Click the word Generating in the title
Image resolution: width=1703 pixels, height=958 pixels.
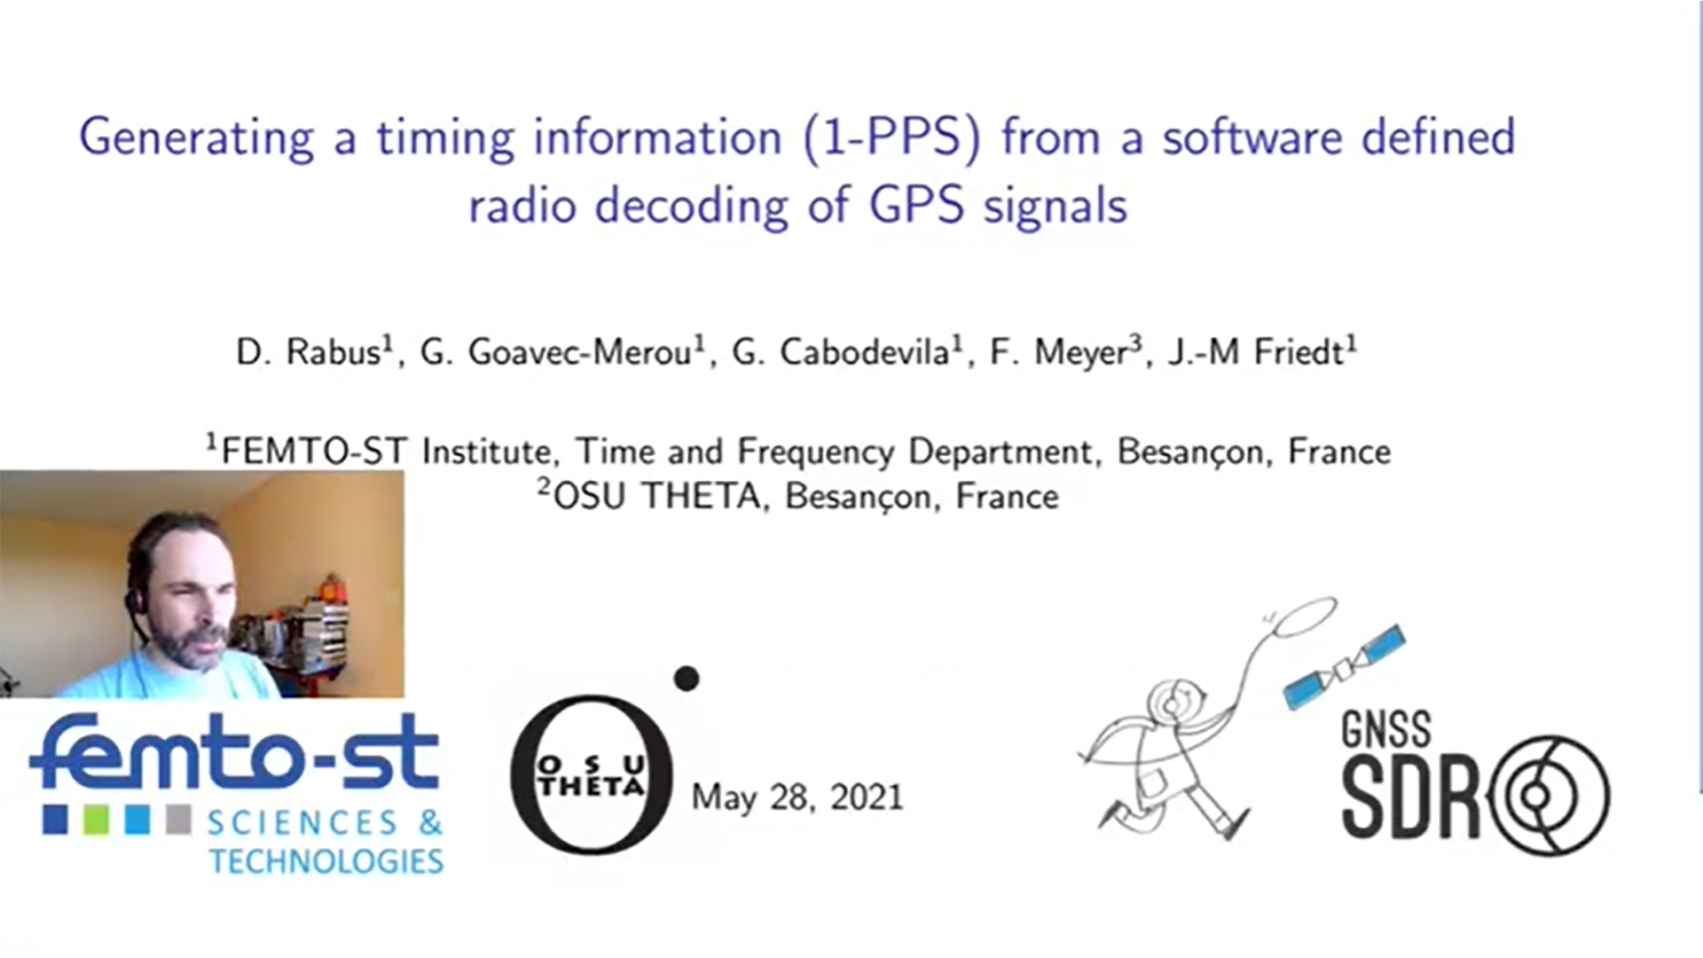point(197,139)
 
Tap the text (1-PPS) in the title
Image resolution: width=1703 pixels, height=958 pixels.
point(891,139)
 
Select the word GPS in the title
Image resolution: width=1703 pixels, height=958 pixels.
point(916,206)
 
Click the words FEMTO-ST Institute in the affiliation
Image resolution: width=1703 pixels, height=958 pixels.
point(389,452)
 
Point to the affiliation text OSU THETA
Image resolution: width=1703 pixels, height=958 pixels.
point(657,496)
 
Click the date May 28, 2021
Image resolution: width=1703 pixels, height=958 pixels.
point(797,797)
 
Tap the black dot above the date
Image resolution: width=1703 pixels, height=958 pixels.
point(687,679)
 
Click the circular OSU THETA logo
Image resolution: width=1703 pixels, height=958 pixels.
point(592,774)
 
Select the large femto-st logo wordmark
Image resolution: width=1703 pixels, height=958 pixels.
point(235,752)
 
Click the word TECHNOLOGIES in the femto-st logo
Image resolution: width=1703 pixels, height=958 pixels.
point(326,861)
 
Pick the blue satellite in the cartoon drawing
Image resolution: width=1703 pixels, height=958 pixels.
point(1345,667)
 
